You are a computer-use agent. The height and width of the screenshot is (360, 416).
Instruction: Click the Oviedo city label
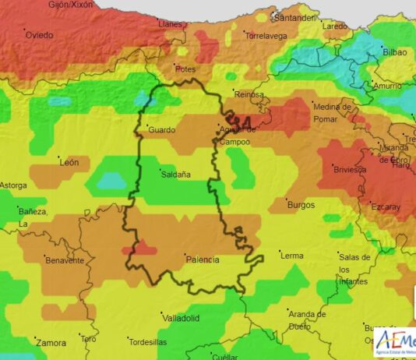coord(40,35)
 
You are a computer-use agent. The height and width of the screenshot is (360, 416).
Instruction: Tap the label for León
coord(69,162)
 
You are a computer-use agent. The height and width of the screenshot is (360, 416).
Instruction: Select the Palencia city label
coord(202,259)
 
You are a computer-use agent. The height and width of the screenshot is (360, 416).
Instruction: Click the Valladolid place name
coord(181,318)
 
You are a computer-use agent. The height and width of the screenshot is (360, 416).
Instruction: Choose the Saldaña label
coord(176,175)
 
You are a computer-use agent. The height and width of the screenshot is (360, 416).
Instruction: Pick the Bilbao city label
coord(395,52)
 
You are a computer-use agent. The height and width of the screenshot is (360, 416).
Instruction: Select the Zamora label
coord(51,342)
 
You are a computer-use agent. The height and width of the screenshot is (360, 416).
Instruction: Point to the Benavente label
coord(65,260)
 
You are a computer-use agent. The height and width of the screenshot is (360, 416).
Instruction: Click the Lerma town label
coord(292,256)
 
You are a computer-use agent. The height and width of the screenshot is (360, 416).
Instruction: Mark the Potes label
coord(185,69)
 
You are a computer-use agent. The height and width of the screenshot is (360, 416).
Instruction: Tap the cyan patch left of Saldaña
coord(111,181)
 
